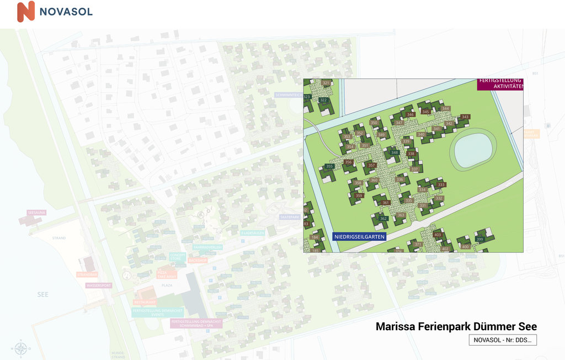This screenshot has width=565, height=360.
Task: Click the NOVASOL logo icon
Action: [x=25, y=12]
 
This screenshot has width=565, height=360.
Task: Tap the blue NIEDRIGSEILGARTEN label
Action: [x=359, y=236]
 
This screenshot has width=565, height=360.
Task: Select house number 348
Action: [x=394, y=152]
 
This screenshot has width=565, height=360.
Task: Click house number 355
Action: [x=329, y=166]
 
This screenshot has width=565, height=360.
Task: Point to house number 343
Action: [x=465, y=117]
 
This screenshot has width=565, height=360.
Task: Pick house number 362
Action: [x=383, y=219]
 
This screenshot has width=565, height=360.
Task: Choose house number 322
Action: [x=324, y=100]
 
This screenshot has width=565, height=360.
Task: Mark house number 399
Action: [x=479, y=239]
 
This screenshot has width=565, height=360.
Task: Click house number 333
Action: [x=441, y=185]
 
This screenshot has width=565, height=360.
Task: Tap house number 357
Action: [x=371, y=166]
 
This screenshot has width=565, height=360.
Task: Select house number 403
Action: [x=438, y=235]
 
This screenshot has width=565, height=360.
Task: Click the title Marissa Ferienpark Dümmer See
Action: [x=456, y=326]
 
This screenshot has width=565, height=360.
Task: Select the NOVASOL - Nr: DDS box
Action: [x=503, y=340]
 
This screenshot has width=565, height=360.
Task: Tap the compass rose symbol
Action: [x=21, y=348]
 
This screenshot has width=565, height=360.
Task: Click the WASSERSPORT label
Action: [x=98, y=285]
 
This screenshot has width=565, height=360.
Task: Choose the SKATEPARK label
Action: [x=289, y=217]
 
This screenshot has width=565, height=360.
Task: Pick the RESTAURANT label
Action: [x=145, y=302]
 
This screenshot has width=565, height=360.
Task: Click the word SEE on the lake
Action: [x=42, y=294]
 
